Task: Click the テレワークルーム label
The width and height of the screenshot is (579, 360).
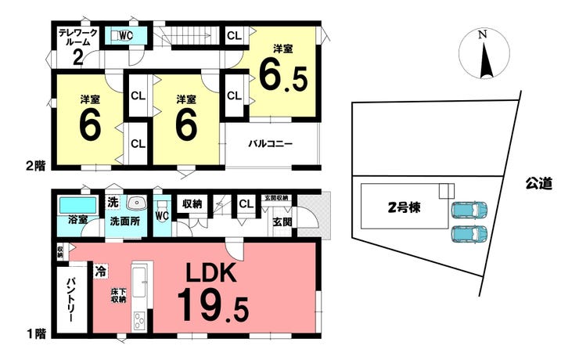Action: [x=78, y=38]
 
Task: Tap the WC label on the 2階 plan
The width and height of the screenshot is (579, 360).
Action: [x=125, y=36]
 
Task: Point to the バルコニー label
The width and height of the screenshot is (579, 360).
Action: [x=270, y=143]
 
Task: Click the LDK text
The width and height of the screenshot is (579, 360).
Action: [x=210, y=273]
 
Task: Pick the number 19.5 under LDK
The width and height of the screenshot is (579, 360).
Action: [x=213, y=306]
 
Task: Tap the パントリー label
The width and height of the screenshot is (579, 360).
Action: [x=71, y=300]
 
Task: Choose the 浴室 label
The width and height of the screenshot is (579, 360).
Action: [x=78, y=219]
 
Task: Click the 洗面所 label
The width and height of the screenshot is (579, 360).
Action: [x=125, y=221]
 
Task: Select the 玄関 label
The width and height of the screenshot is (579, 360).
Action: [x=282, y=221]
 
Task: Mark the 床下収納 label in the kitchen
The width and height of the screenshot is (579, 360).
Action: [x=118, y=295]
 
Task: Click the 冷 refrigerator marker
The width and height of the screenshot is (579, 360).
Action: [x=100, y=272]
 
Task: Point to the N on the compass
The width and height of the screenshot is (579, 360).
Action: [x=482, y=34]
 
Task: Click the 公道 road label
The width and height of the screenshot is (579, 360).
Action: [x=539, y=183]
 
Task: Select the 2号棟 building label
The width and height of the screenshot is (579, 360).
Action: [x=404, y=207]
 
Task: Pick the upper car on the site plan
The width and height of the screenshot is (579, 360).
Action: [x=469, y=210]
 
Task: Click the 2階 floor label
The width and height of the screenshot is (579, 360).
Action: [x=35, y=166]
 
